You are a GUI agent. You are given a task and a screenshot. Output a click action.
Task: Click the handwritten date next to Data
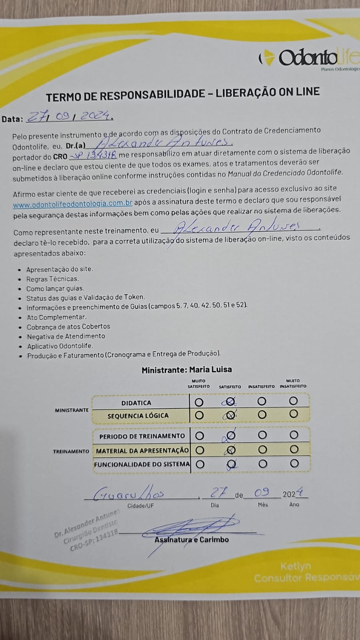point(69,116)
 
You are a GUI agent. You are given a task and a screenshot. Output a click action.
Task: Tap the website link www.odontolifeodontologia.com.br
point(72,204)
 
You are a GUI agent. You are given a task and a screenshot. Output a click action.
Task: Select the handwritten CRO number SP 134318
point(93,156)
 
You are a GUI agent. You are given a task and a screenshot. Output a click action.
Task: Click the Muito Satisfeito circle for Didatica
point(199,402)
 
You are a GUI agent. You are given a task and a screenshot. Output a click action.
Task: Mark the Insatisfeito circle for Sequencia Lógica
point(262,415)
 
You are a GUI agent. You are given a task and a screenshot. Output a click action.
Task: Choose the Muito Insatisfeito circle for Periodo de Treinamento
point(294,435)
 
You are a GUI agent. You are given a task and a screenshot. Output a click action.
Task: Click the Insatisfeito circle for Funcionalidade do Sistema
point(262,464)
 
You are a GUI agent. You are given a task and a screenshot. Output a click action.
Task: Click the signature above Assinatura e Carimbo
point(192,527)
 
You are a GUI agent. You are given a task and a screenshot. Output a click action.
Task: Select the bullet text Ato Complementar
point(56,317)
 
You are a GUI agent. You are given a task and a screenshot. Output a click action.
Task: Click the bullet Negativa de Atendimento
point(66,336)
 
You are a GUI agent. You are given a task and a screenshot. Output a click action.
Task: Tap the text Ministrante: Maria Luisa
point(186,370)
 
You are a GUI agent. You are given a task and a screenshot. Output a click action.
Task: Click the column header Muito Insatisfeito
point(293,384)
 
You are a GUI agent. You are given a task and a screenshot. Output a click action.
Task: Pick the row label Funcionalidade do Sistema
point(142,464)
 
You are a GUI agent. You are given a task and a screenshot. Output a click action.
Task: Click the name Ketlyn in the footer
point(295,566)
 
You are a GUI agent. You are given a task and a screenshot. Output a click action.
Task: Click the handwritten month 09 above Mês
point(262,492)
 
